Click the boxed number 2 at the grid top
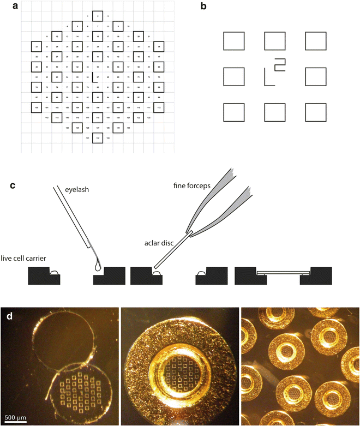[x=98, y=16]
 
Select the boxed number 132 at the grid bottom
[x=98, y=139]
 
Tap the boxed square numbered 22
[x=37, y=47]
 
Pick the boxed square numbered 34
[x=159, y=47]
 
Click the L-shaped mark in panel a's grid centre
[x=94, y=77]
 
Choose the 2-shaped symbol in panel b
[x=279, y=64]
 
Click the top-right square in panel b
[x=316, y=41]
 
